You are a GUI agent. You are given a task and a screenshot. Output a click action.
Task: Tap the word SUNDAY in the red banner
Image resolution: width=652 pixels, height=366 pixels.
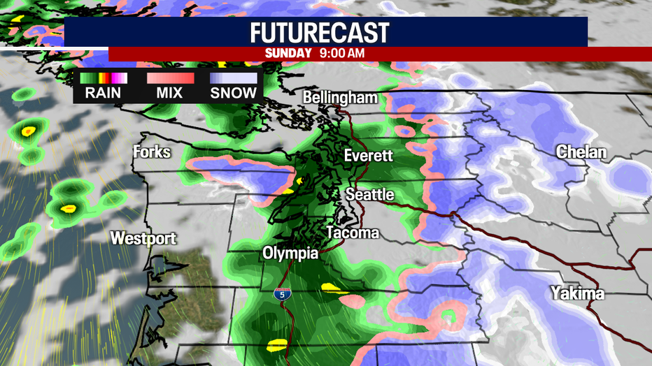pos(288,53)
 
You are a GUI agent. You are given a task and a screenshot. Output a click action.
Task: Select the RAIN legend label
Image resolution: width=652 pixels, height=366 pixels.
pos(104,93)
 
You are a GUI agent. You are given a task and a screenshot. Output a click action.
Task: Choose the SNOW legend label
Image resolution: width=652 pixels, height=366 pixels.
pos(234,93)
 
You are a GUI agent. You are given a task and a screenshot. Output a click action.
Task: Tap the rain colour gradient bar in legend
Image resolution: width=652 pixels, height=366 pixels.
pos(104,78)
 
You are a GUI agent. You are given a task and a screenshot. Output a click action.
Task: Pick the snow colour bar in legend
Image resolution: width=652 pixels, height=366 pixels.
pos(234,78)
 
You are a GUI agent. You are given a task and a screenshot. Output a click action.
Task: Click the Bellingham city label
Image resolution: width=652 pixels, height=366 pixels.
pos(340,98)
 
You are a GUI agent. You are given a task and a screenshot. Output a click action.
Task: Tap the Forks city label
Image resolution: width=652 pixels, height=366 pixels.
pos(152,151)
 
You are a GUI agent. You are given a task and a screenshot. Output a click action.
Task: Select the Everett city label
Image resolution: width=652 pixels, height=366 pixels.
pos(368,156)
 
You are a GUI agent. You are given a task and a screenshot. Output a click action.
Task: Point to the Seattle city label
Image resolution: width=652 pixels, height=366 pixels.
pos(371,194)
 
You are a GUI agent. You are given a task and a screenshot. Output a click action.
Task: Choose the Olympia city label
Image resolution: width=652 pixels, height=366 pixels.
pos(291,252)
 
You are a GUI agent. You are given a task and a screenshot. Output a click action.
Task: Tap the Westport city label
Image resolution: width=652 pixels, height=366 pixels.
pos(143,238)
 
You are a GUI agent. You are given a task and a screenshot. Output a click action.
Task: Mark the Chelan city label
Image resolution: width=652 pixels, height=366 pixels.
pos(581,152)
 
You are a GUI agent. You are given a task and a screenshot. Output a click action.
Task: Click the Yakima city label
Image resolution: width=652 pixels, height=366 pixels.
pos(577,293)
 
